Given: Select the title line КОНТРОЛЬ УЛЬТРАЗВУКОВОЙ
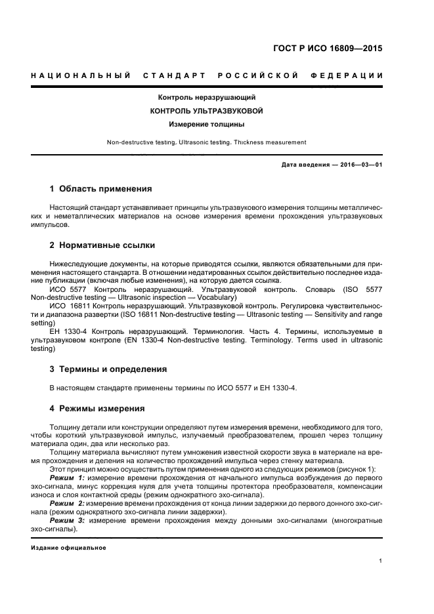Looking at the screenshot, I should click(206, 110).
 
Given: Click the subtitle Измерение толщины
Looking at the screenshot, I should click(206, 123).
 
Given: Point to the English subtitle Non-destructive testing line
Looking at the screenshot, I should click(206, 142).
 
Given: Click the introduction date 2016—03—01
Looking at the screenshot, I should click(359, 165).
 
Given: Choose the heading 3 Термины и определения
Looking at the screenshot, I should click(108, 369).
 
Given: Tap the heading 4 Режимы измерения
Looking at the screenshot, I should click(97, 408).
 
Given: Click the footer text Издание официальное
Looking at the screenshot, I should click(68, 547).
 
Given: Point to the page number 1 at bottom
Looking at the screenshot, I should click(380, 561).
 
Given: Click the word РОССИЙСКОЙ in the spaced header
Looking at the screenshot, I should click(258, 75).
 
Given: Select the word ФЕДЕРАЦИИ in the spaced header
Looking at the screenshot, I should click(352, 75).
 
